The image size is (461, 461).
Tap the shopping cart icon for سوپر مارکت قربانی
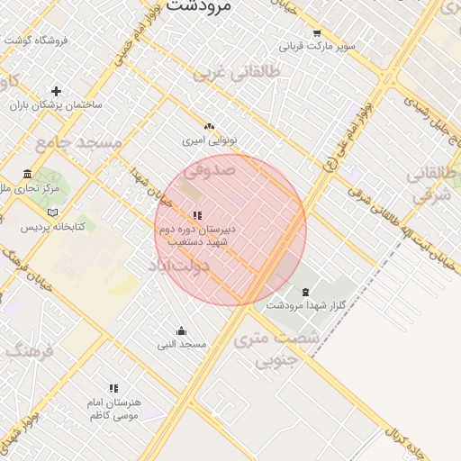pyautogui.click(x=316, y=32)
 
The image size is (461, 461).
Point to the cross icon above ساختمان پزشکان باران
pyautogui.click(x=57, y=91)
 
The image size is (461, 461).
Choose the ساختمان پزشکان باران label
pyautogui.click(x=56, y=104)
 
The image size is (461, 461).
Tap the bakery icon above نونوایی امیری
pyautogui.click(x=210, y=127)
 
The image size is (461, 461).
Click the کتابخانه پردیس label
pyautogui.click(x=53, y=226)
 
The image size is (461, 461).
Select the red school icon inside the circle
pyautogui.click(x=197, y=215)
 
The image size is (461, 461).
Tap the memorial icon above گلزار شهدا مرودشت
pyautogui.click(x=305, y=292)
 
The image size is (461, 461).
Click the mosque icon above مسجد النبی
pyautogui.click(x=182, y=330)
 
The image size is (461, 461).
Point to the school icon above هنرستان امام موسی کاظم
pyautogui.click(x=113, y=388)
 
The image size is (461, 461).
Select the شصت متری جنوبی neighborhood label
pyautogui.click(x=276, y=351)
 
